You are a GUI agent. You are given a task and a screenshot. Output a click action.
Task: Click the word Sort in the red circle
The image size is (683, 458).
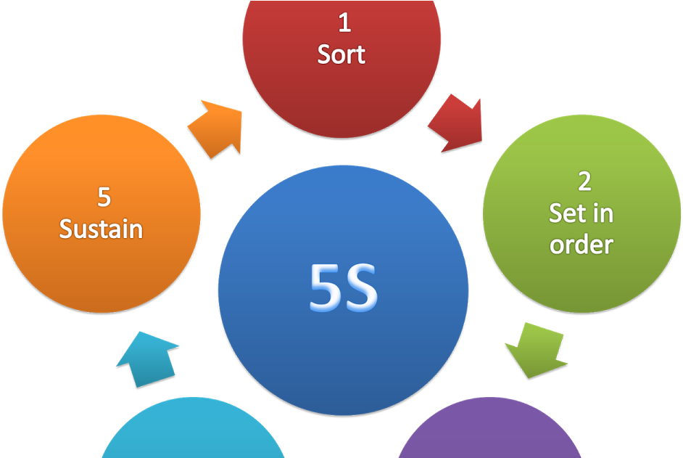pos(341,54)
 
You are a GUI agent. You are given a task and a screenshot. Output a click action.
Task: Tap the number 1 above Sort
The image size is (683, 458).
pos(344,23)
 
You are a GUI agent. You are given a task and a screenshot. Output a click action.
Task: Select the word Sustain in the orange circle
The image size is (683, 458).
pos(101,229)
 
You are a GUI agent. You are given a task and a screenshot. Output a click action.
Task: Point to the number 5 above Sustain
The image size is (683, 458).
pos(104,197)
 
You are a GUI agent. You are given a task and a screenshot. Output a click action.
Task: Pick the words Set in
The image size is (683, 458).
pos(581,213)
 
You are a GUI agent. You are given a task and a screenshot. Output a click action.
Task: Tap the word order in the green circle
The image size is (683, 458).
pos(581,245)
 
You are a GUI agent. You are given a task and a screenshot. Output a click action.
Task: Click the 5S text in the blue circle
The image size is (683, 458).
pos(344,288)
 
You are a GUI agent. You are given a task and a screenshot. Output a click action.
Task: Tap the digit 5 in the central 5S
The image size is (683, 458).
pos(326,288)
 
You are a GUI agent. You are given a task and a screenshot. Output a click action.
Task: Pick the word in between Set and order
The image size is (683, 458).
pos(602,213)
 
